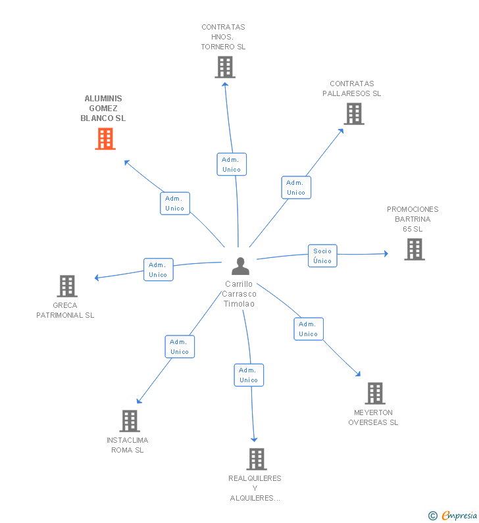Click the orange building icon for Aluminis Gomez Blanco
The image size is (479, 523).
(105, 139)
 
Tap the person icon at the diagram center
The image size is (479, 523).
(240, 266)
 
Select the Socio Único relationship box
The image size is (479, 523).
(322, 256)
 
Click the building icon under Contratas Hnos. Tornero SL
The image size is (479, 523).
(225, 67)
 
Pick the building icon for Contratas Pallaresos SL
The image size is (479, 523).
(354, 114)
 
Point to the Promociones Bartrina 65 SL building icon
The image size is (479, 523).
(415, 249)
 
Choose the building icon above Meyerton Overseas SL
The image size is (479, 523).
(375, 393)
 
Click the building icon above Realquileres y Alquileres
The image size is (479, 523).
(257, 459)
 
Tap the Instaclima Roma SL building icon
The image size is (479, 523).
(130, 421)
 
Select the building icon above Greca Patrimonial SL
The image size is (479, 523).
(67, 286)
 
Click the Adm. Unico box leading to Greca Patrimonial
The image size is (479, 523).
(159, 270)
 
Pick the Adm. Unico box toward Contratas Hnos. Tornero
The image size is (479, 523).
(232, 164)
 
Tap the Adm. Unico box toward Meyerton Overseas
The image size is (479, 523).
(309, 329)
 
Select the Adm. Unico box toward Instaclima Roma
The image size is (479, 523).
(180, 347)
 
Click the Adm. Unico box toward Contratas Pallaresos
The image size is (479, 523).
(296, 187)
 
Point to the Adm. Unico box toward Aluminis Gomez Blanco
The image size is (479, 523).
(175, 203)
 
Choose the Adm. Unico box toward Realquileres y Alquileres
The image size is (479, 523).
(249, 375)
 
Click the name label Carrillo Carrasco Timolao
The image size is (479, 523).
(239, 294)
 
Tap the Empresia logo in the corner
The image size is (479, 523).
(453, 515)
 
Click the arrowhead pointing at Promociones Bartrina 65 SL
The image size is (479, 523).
(386, 253)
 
